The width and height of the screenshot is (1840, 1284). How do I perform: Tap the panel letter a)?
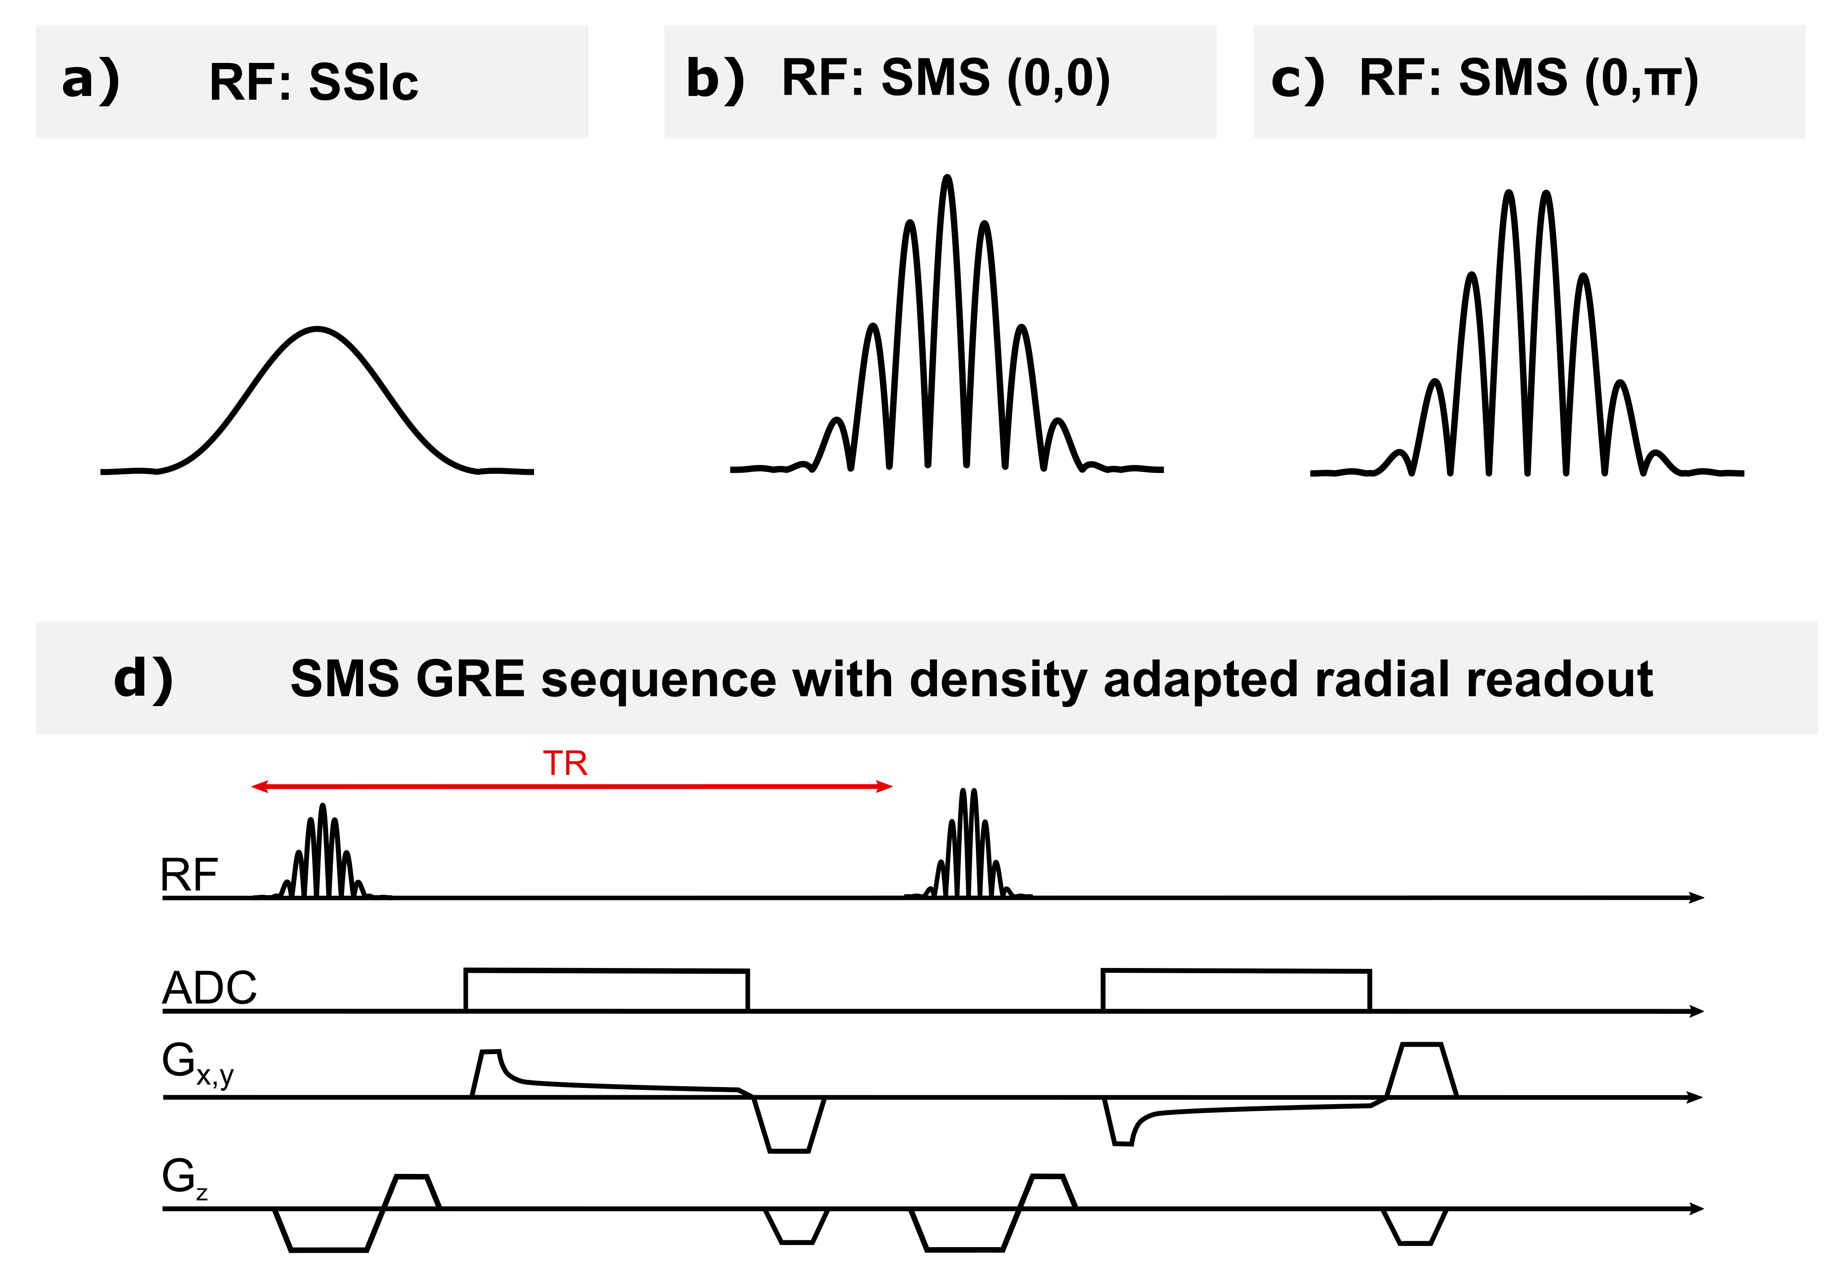pos(91,80)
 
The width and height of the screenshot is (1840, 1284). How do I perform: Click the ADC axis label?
pos(209,988)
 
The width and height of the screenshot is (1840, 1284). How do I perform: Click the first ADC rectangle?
pos(606,991)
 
